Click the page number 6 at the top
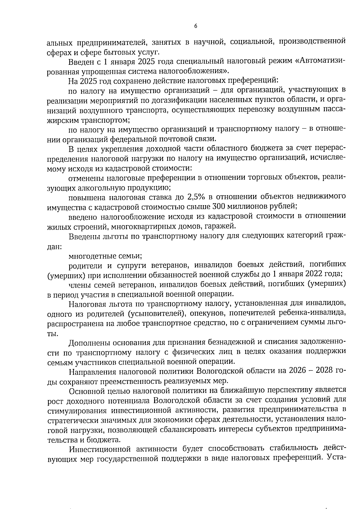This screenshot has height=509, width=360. click(196, 26)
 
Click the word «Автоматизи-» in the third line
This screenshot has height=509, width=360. click(321, 62)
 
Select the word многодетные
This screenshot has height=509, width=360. click(89, 256)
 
